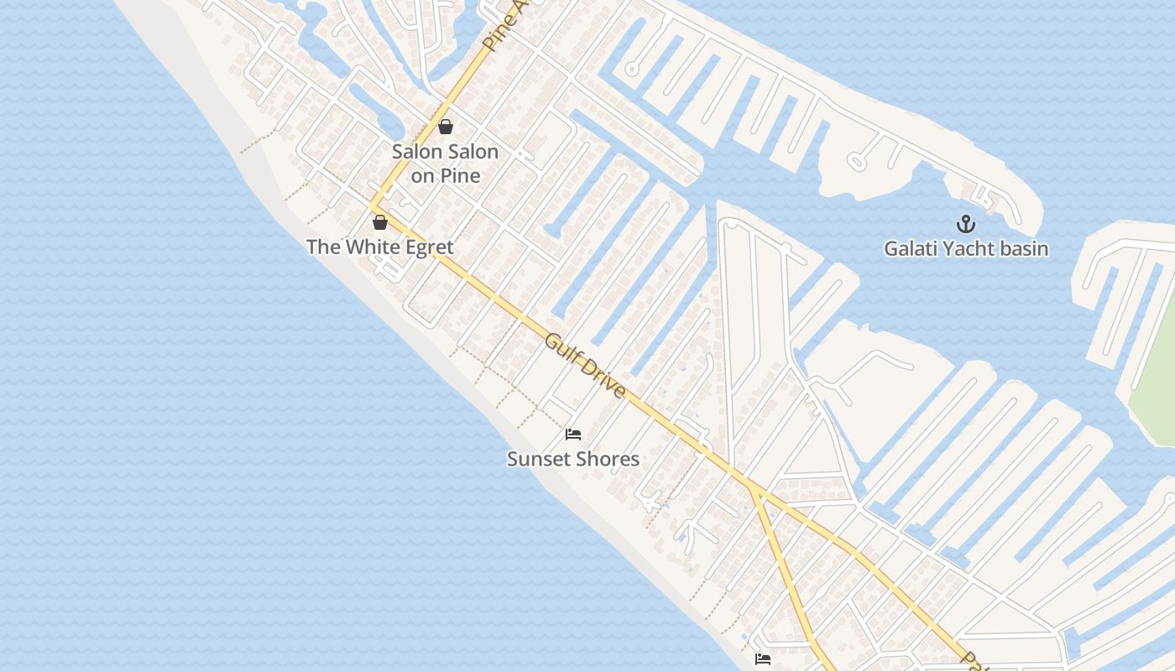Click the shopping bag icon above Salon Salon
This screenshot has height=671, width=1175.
446,127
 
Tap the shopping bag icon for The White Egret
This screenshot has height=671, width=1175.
380,222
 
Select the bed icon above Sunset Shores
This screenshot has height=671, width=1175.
573,434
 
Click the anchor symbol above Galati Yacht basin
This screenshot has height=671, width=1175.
966,224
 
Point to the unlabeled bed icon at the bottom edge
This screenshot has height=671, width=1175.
763,659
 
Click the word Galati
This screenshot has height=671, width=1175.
911,249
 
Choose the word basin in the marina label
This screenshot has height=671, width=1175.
1023,249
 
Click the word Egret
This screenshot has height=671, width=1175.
431,247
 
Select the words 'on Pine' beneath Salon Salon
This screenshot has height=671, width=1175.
446,176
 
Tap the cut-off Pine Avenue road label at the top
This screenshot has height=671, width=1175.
504,25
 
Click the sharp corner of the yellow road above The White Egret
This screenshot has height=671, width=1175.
372,205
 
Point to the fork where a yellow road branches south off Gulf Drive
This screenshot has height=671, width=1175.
752,490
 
